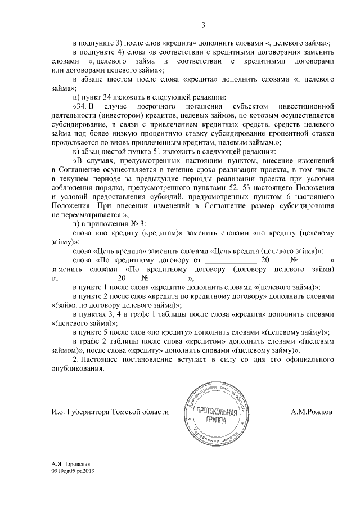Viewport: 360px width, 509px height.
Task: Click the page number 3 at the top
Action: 204,25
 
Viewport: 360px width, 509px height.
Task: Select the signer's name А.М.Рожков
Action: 312,412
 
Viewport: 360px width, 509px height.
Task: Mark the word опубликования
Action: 76,369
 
